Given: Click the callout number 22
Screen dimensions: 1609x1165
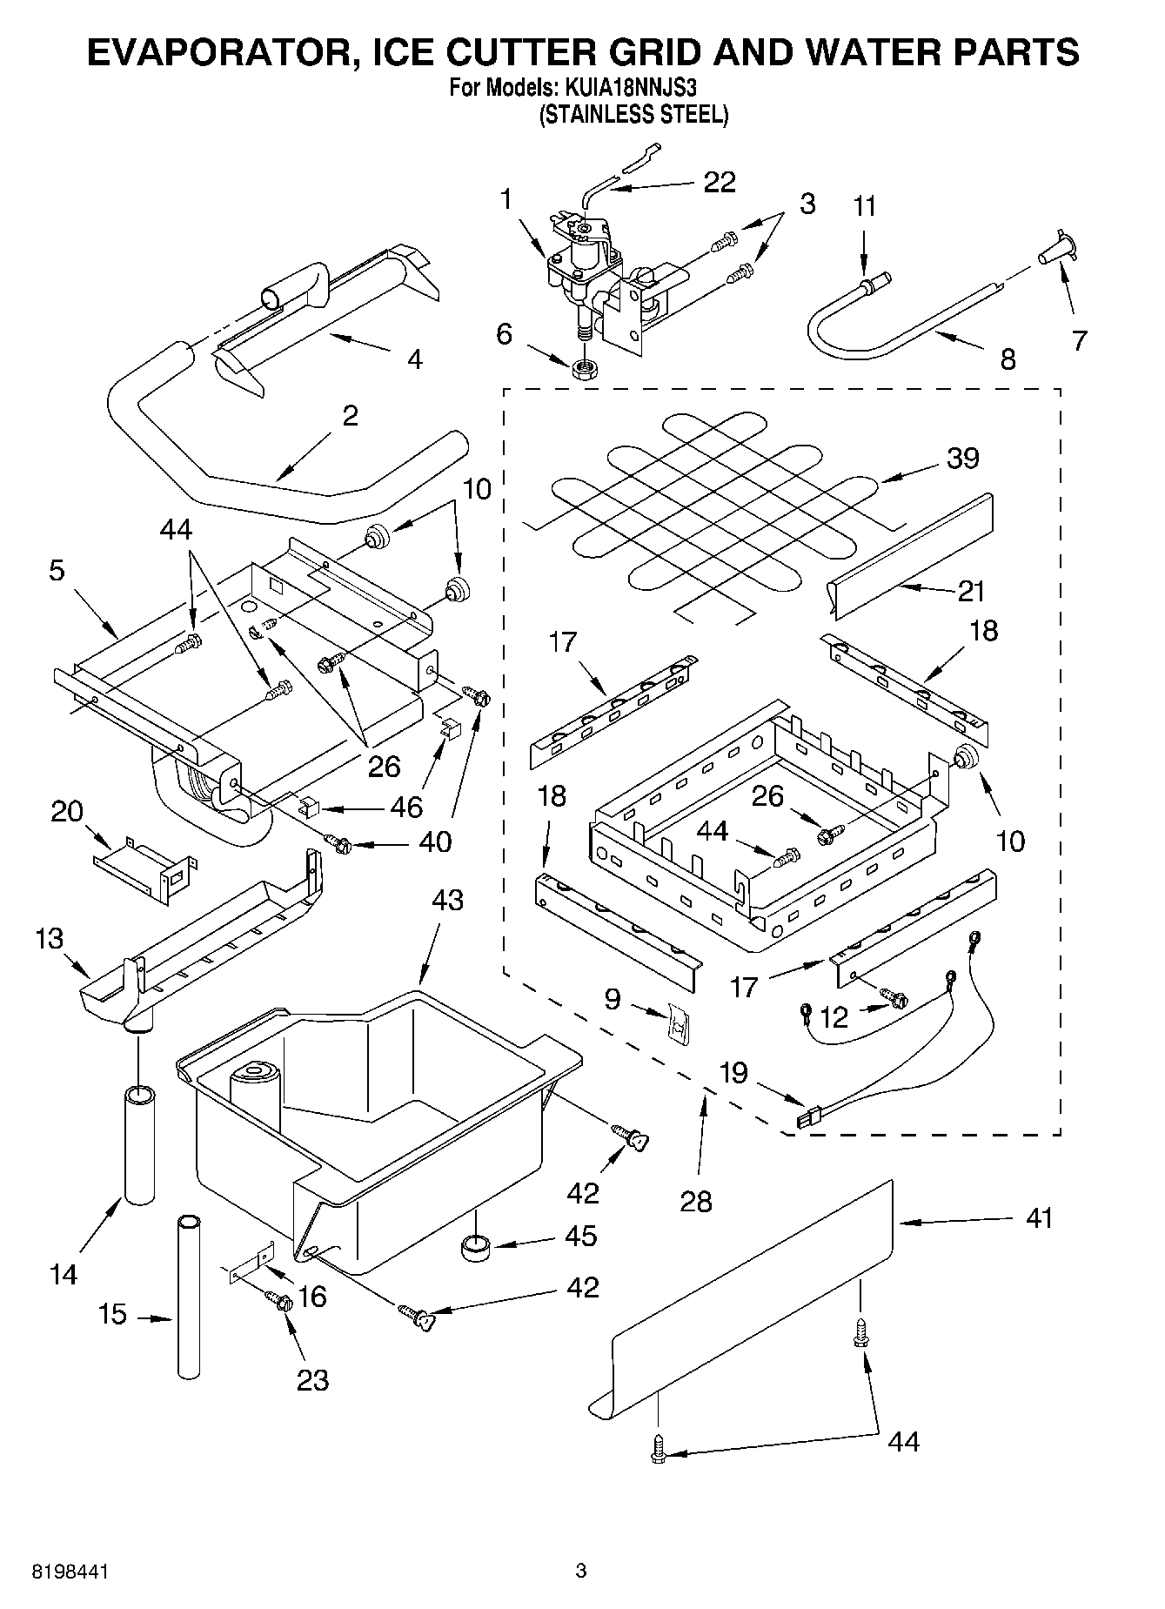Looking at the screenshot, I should (719, 182).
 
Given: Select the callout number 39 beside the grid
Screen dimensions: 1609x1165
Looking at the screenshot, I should (962, 458).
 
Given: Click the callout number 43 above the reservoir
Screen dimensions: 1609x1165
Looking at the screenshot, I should (447, 900).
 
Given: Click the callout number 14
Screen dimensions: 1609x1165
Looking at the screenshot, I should (64, 1275).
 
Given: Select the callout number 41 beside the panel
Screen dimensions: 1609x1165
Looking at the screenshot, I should (1039, 1217).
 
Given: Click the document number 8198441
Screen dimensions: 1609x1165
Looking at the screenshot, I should (70, 1572).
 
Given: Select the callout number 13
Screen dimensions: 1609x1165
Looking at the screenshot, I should (50, 938).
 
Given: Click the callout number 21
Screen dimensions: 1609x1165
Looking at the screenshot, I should (971, 591).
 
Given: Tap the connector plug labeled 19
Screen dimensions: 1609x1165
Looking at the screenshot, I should (809, 1115).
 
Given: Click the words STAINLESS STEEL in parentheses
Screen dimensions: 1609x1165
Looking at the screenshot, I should (633, 114).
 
